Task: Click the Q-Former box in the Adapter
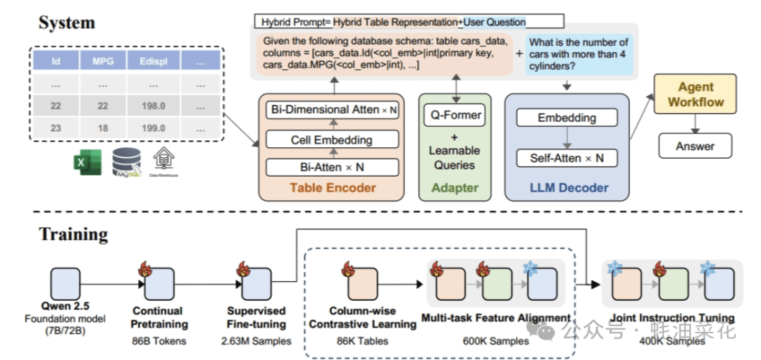(x=454, y=115)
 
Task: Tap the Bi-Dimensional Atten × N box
(x=332, y=110)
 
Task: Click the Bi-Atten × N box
(x=332, y=168)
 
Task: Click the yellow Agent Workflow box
(x=695, y=94)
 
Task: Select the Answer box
(x=695, y=147)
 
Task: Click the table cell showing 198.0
(x=153, y=106)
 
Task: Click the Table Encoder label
(x=333, y=188)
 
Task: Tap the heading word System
(x=66, y=23)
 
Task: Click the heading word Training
(x=73, y=233)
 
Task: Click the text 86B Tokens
(x=160, y=342)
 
